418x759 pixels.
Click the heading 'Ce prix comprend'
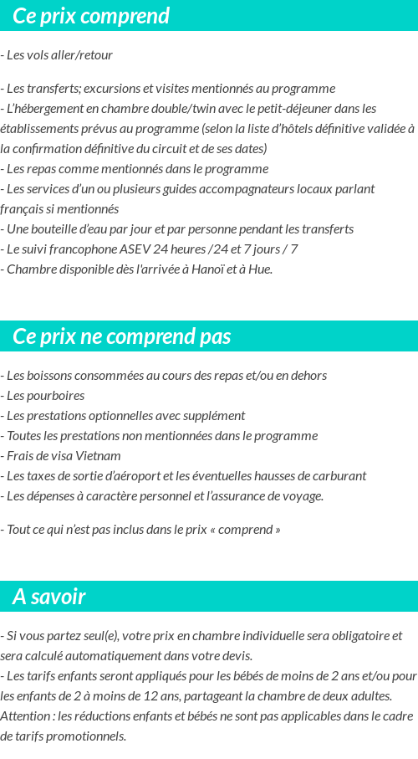91,16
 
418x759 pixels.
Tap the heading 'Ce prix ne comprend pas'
122,336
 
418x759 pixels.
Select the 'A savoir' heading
49,597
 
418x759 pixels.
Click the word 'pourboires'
57,396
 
